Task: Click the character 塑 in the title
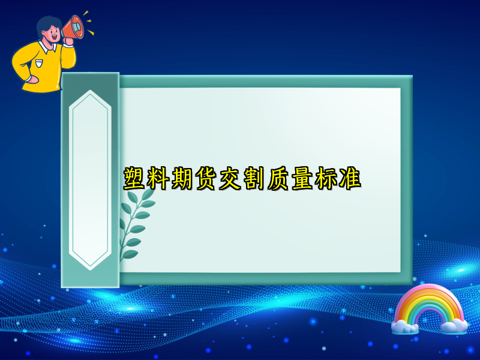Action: coord(136,179)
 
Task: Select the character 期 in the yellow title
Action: coord(183,179)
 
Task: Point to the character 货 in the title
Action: coord(207,179)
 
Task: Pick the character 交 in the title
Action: coord(230,179)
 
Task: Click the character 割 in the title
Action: coord(254,179)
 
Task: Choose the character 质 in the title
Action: coord(278,179)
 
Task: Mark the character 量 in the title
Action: coord(302,179)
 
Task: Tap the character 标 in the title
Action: coord(326,179)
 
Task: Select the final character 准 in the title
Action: coord(349,179)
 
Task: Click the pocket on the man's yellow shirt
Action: coord(40,62)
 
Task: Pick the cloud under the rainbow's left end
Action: coord(405,327)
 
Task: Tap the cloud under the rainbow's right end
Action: coord(453,326)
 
